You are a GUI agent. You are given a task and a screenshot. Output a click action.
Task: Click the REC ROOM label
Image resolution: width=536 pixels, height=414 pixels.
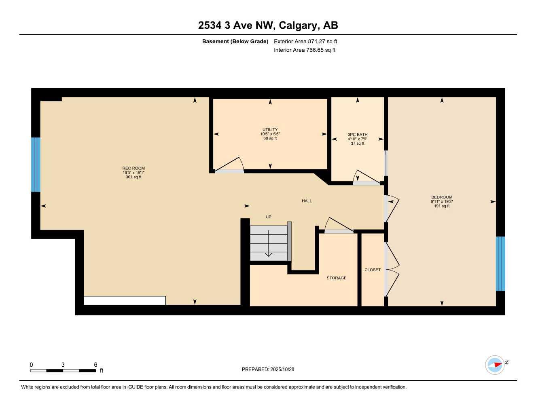pos(133,168)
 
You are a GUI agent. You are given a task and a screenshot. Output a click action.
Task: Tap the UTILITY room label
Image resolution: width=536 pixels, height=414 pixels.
pos(270,129)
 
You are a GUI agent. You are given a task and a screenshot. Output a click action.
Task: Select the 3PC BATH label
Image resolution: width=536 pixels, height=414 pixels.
pos(358,135)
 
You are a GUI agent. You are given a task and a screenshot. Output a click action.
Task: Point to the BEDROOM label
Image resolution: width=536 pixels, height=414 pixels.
pos(442,197)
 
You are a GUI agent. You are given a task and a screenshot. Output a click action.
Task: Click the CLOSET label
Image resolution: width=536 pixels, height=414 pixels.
pos(373,270)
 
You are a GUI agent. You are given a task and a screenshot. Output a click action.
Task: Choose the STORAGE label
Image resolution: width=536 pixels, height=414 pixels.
pos(337,278)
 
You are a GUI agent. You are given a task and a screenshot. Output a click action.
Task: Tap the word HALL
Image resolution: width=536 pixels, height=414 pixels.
pos(307,201)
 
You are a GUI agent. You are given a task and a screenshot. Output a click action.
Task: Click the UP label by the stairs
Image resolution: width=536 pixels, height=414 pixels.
pos(268,217)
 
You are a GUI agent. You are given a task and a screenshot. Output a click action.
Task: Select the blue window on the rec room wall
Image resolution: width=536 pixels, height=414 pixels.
pos(36,165)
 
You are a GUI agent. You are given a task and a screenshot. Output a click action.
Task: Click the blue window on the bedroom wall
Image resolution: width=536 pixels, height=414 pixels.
pos(500,264)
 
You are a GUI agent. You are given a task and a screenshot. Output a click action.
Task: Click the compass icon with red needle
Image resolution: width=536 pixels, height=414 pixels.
pos(495,365)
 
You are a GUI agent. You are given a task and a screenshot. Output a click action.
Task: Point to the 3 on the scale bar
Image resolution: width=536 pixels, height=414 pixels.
pos(63,365)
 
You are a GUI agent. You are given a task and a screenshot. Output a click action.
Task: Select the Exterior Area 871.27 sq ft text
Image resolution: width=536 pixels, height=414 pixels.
pos(305,41)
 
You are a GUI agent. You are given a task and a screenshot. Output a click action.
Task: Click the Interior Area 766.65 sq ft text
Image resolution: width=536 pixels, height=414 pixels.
pos(305,50)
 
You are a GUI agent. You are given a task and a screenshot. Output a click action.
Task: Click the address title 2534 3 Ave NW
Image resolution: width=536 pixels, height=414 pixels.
pos(268,25)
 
